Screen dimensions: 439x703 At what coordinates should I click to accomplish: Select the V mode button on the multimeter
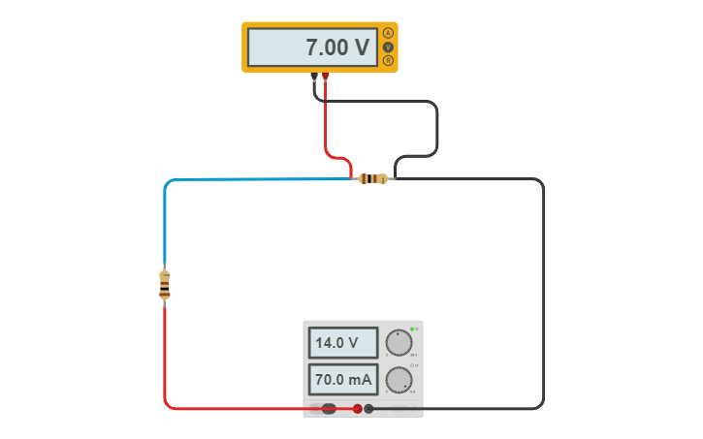[388, 47]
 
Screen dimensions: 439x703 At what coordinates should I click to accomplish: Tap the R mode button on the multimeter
[388, 60]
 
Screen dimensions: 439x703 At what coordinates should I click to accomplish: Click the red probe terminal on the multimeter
[325, 76]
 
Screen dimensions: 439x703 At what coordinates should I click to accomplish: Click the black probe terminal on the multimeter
[314, 76]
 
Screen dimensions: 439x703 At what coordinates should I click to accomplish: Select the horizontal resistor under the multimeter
[372, 178]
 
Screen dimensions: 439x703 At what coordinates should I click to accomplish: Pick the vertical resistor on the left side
[164, 284]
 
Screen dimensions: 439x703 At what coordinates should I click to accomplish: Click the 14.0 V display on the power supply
[343, 342]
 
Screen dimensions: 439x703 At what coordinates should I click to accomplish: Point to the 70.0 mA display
[343, 379]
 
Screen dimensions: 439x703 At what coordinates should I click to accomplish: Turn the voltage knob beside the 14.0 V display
[398, 343]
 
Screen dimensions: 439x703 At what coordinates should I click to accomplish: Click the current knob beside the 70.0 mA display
[398, 379]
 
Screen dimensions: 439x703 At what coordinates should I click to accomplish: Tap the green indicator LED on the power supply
[412, 329]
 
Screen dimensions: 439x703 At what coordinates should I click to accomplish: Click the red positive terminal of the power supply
[357, 409]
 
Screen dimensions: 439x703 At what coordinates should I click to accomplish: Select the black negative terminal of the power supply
[368, 409]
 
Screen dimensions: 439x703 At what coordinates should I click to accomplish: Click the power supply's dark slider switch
[329, 409]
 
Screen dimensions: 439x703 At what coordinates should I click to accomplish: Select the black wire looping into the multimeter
[436, 126]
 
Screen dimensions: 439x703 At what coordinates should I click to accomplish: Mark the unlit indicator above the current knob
[412, 365]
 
